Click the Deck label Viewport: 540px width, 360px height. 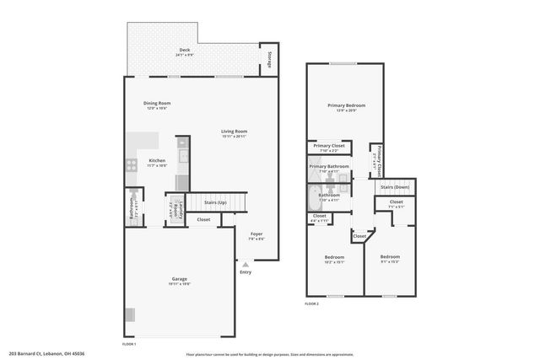click(183, 51)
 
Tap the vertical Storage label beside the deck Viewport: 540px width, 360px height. click(268, 59)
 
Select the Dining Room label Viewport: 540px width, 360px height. click(157, 104)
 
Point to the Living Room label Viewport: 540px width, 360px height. click(234, 132)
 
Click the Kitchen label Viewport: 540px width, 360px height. click(157, 160)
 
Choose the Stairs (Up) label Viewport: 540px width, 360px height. click(215, 203)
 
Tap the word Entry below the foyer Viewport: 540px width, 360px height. click(246, 271)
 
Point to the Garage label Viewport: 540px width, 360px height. click(180, 279)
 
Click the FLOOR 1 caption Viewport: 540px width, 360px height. click(129, 344)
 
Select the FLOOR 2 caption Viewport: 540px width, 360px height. click(312, 303)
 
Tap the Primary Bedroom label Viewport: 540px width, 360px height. click(346, 105)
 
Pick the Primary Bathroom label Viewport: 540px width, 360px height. click(329, 166)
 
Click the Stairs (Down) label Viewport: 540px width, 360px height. click(395, 187)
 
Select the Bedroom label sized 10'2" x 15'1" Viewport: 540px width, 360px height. click(334, 256)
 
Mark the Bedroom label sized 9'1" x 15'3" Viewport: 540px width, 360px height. click(389, 256)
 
